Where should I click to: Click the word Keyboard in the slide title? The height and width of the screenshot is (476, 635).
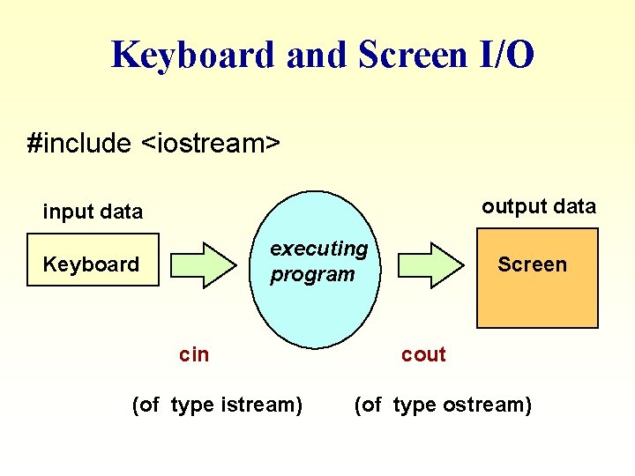pos(191,55)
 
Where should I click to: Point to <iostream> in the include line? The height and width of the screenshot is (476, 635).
pos(211,143)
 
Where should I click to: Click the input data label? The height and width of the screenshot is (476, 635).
pos(93,212)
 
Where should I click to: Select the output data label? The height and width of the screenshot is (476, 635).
pos(538,206)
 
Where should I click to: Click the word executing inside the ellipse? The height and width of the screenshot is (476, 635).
pos(318,249)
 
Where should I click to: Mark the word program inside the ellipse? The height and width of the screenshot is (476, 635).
pos(312,274)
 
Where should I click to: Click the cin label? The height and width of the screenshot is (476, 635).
pos(194,354)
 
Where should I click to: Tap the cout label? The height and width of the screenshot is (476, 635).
pos(423,354)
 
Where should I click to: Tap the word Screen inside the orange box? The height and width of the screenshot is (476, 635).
pos(532,264)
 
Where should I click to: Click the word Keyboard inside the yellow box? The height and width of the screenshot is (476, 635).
pos(91,264)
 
